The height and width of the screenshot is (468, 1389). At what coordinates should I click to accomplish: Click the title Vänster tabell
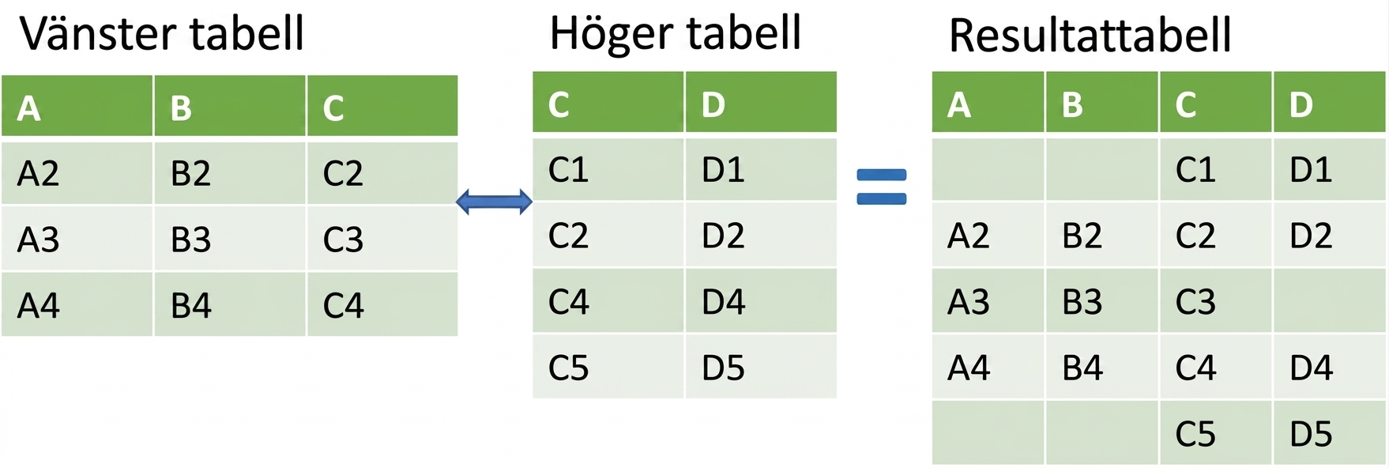click(x=162, y=33)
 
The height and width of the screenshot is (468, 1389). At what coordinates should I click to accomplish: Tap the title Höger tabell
click(x=676, y=33)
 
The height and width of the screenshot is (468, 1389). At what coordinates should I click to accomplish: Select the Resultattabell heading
click(x=1090, y=36)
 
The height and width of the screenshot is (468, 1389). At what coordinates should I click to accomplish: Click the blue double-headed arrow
click(x=495, y=202)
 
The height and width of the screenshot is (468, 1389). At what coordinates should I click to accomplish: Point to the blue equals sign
click(x=882, y=187)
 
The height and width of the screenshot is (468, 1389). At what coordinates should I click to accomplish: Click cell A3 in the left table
click(x=77, y=239)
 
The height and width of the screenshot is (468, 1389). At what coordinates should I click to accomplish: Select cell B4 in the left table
click(x=229, y=305)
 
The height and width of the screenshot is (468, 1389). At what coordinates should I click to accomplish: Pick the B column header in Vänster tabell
click(x=229, y=106)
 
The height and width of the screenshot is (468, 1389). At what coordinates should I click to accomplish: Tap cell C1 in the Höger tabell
click(x=608, y=169)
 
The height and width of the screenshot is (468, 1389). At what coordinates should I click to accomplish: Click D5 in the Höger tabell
click(x=761, y=367)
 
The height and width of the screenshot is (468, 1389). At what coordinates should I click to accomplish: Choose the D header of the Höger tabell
click(x=761, y=102)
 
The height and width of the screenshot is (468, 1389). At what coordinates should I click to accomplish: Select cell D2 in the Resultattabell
click(x=1330, y=236)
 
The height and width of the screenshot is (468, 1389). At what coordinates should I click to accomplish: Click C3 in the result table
click(x=1215, y=301)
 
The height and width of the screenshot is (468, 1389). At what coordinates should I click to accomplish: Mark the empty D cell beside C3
click(x=1330, y=301)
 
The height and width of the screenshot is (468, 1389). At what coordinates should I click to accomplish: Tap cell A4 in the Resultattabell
click(x=988, y=367)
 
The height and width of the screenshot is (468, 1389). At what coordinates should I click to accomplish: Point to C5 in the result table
click(x=1215, y=432)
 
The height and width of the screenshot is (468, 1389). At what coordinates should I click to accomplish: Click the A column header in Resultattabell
click(x=988, y=102)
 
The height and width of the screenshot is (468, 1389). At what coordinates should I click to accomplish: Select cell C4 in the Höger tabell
click(x=608, y=301)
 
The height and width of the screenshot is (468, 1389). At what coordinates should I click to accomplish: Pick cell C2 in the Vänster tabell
click(x=382, y=172)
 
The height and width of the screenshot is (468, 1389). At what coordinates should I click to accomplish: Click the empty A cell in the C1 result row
click(x=988, y=169)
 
